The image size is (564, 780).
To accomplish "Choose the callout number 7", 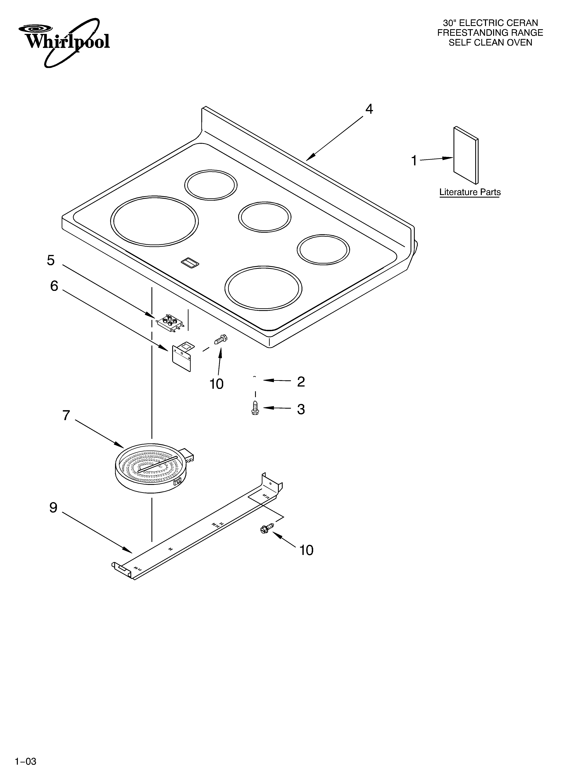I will point(66,415).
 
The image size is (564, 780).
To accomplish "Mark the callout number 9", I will point(53,508).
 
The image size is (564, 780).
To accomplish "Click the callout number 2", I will point(301,382).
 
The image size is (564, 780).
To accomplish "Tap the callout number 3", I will point(301,409).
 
